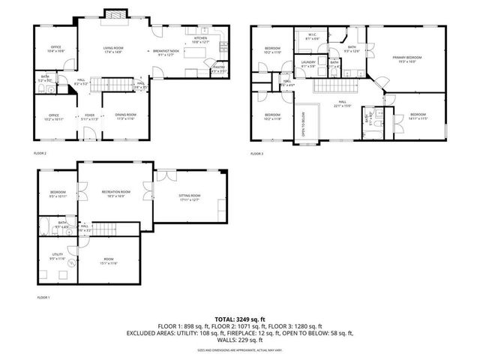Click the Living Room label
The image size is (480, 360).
point(112,49)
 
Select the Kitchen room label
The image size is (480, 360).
point(200,39)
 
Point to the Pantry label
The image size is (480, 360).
point(219,68)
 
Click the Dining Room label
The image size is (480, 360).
point(125,116)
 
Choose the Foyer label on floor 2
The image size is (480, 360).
point(89,116)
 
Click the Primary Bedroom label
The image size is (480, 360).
point(408,58)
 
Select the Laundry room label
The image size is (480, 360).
point(308,63)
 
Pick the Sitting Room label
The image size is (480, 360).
point(189,196)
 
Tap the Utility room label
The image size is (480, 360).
point(58,256)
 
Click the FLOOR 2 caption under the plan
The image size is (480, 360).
point(40,154)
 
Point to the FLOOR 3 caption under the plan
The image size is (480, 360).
point(258,154)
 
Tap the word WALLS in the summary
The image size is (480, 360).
point(224,340)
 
